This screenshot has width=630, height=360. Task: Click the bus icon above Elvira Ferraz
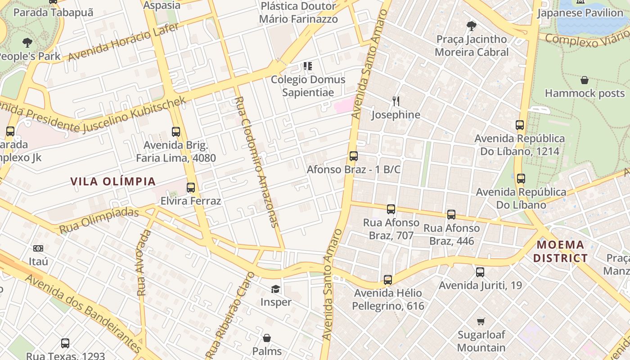(x=191, y=188)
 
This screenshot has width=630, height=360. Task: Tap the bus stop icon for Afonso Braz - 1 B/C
(x=354, y=156)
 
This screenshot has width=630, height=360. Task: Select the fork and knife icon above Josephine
(x=396, y=101)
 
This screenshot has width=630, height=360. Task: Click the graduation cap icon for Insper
(x=275, y=289)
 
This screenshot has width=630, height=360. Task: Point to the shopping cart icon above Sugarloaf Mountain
(x=481, y=321)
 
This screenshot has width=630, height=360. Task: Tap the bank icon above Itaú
(x=38, y=248)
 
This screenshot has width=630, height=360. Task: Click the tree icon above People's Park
(x=27, y=43)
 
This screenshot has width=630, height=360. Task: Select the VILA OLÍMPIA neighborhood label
(x=113, y=182)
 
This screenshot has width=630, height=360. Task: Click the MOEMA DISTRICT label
(x=562, y=252)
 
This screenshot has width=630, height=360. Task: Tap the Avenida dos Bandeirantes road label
(x=83, y=314)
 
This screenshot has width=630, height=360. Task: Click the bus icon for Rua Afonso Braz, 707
(x=391, y=209)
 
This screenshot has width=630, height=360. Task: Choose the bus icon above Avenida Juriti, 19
(x=480, y=272)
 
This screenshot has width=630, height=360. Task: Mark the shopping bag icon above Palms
(x=267, y=338)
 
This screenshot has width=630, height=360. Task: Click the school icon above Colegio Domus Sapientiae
(x=308, y=67)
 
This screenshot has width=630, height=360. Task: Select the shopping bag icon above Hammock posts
(x=585, y=81)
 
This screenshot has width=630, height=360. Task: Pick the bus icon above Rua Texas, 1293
(x=65, y=343)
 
